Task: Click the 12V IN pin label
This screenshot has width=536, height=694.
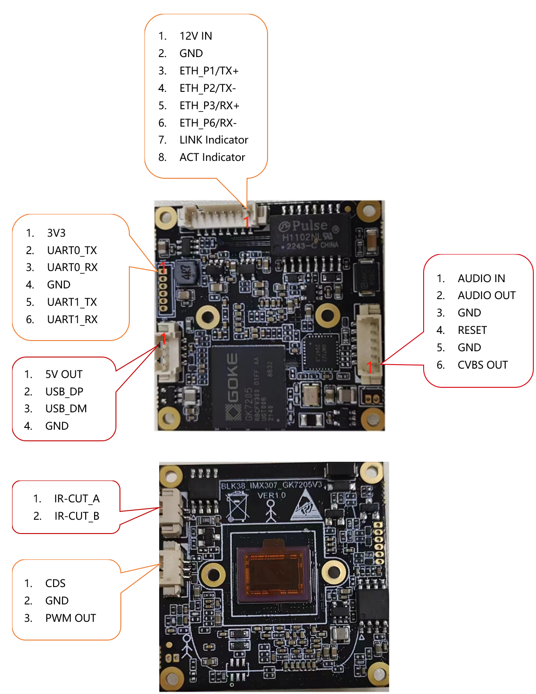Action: tap(196, 36)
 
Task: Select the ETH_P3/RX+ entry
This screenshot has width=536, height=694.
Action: tap(209, 106)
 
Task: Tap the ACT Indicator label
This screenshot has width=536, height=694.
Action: tap(212, 157)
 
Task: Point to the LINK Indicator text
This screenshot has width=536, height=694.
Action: tap(214, 140)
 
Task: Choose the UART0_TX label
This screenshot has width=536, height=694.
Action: tap(72, 250)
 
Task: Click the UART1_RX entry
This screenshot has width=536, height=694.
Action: tap(72, 320)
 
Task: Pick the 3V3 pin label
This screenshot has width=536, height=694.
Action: tap(56, 233)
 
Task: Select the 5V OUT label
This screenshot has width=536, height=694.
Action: tap(64, 374)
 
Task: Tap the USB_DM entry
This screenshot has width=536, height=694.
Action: tap(66, 409)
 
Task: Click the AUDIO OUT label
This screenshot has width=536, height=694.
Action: tap(487, 296)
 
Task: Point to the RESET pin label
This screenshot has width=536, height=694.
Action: tap(472, 330)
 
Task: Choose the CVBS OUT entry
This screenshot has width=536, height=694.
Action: tap(482, 365)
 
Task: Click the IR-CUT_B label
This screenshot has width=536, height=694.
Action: tap(77, 516)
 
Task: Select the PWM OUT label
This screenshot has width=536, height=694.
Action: tap(70, 618)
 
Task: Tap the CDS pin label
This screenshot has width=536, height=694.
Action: tap(55, 583)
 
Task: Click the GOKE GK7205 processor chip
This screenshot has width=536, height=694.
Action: tap(248, 386)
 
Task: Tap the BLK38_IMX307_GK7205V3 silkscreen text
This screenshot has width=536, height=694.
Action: tap(272, 485)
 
